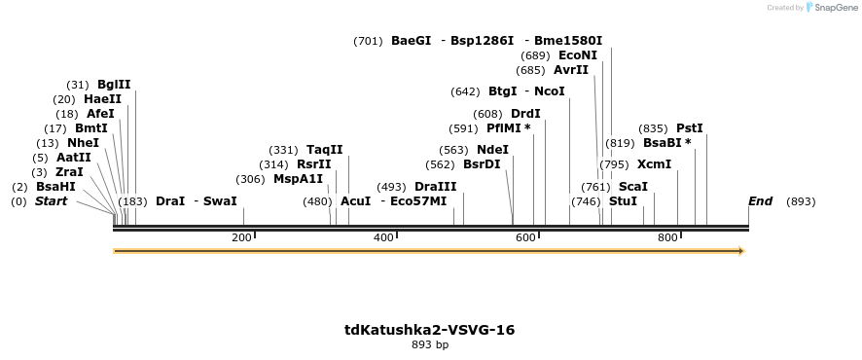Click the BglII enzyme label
114,85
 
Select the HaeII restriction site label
102,99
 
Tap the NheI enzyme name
83,143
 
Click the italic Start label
52,201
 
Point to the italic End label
760,201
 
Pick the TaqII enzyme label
324,150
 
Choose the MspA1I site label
298,179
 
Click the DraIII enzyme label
435,187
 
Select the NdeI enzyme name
492,150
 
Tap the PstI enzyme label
689,128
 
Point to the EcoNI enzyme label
578,55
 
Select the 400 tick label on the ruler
383,237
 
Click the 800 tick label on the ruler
667,237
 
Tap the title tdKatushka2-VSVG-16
429,330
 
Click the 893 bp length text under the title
429,344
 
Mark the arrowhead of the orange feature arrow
741,251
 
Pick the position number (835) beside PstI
653,128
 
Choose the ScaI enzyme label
632,187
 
